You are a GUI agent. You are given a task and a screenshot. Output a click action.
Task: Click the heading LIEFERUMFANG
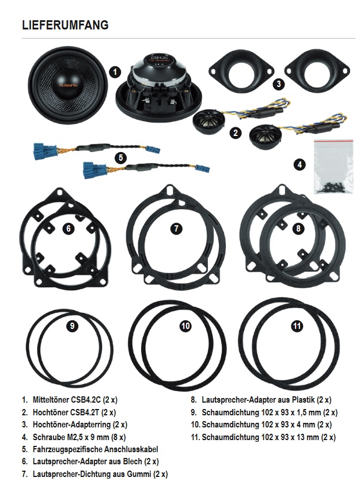pyautogui.click(x=65, y=25)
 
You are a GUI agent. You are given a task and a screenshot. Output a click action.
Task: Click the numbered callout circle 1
pyautogui.click(x=115, y=72)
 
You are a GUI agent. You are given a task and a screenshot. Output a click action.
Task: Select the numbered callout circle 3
pyautogui.click(x=279, y=84)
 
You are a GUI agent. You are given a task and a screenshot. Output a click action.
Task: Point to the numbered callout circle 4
pyautogui.click(x=299, y=165)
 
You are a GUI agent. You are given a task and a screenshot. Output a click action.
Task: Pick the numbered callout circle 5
pyautogui.click(x=120, y=157)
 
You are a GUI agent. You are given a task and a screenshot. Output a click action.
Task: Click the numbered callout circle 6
pyautogui.click(x=69, y=229)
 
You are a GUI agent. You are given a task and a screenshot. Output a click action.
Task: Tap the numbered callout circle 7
pyautogui.click(x=176, y=229)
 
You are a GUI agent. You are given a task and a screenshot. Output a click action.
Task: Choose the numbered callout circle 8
pyautogui.click(x=297, y=229)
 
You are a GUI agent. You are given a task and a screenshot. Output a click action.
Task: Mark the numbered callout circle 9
pyautogui.click(x=71, y=325)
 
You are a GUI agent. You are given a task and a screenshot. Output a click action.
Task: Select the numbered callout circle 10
pyautogui.click(x=185, y=326)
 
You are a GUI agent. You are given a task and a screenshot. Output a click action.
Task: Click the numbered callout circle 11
pyautogui.click(x=296, y=326)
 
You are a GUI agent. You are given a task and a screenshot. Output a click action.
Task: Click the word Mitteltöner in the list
pyautogui.click(x=52, y=399)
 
